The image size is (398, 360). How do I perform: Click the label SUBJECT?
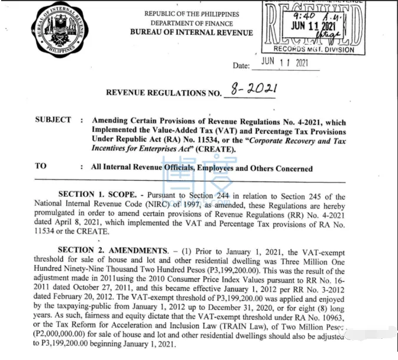pyautogui.click(x=53, y=120)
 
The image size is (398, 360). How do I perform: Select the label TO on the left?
pyautogui.click(x=40, y=166)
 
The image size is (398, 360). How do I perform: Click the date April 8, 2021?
pyautogui.click(x=79, y=223)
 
